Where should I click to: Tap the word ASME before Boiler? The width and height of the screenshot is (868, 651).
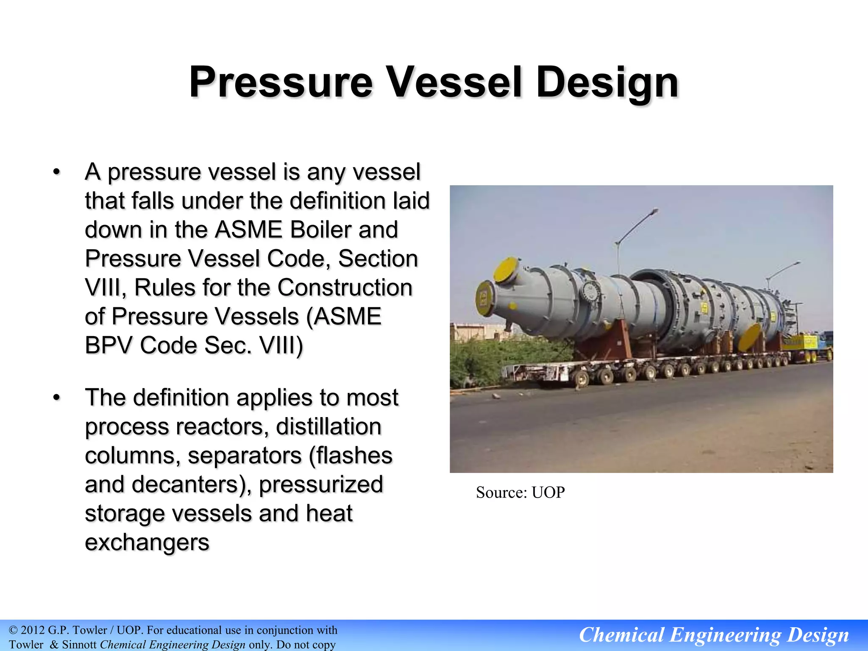click(x=248, y=230)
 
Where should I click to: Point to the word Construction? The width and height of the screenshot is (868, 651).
click(x=345, y=288)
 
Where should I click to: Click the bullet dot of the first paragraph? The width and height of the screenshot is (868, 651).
click(x=56, y=172)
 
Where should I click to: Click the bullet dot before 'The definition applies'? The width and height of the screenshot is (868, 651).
click(x=56, y=398)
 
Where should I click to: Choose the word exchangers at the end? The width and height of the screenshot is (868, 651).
click(x=147, y=542)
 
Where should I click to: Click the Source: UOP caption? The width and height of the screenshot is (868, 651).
click(x=520, y=492)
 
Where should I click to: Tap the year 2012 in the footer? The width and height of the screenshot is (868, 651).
click(x=33, y=630)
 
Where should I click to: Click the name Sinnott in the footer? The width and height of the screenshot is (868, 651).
click(x=79, y=645)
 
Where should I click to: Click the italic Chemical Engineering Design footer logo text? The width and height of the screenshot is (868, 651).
click(x=714, y=635)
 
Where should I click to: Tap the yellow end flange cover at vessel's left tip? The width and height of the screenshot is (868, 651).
click(x=483, y=299)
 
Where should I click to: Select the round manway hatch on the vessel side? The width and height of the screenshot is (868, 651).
click(x=590, y=292)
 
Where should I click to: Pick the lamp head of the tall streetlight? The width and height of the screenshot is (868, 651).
click(x=655, y=210)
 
